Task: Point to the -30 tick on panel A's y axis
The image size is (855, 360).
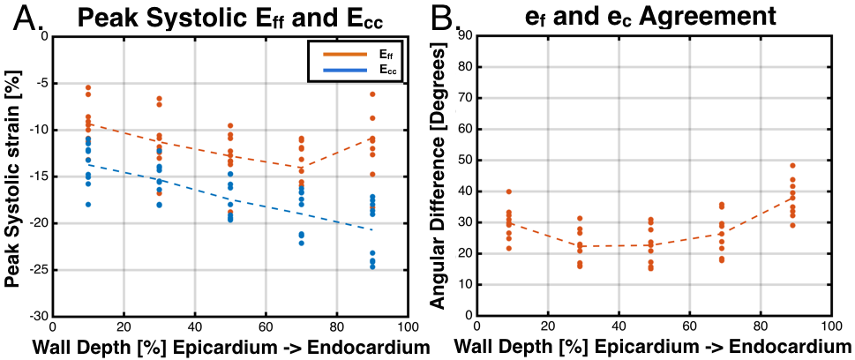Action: pos(39,315)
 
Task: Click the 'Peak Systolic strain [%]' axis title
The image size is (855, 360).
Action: pos(13,175)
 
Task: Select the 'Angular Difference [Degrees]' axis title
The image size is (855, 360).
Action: pos(437,175)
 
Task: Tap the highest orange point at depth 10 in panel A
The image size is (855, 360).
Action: pos(88,87)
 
